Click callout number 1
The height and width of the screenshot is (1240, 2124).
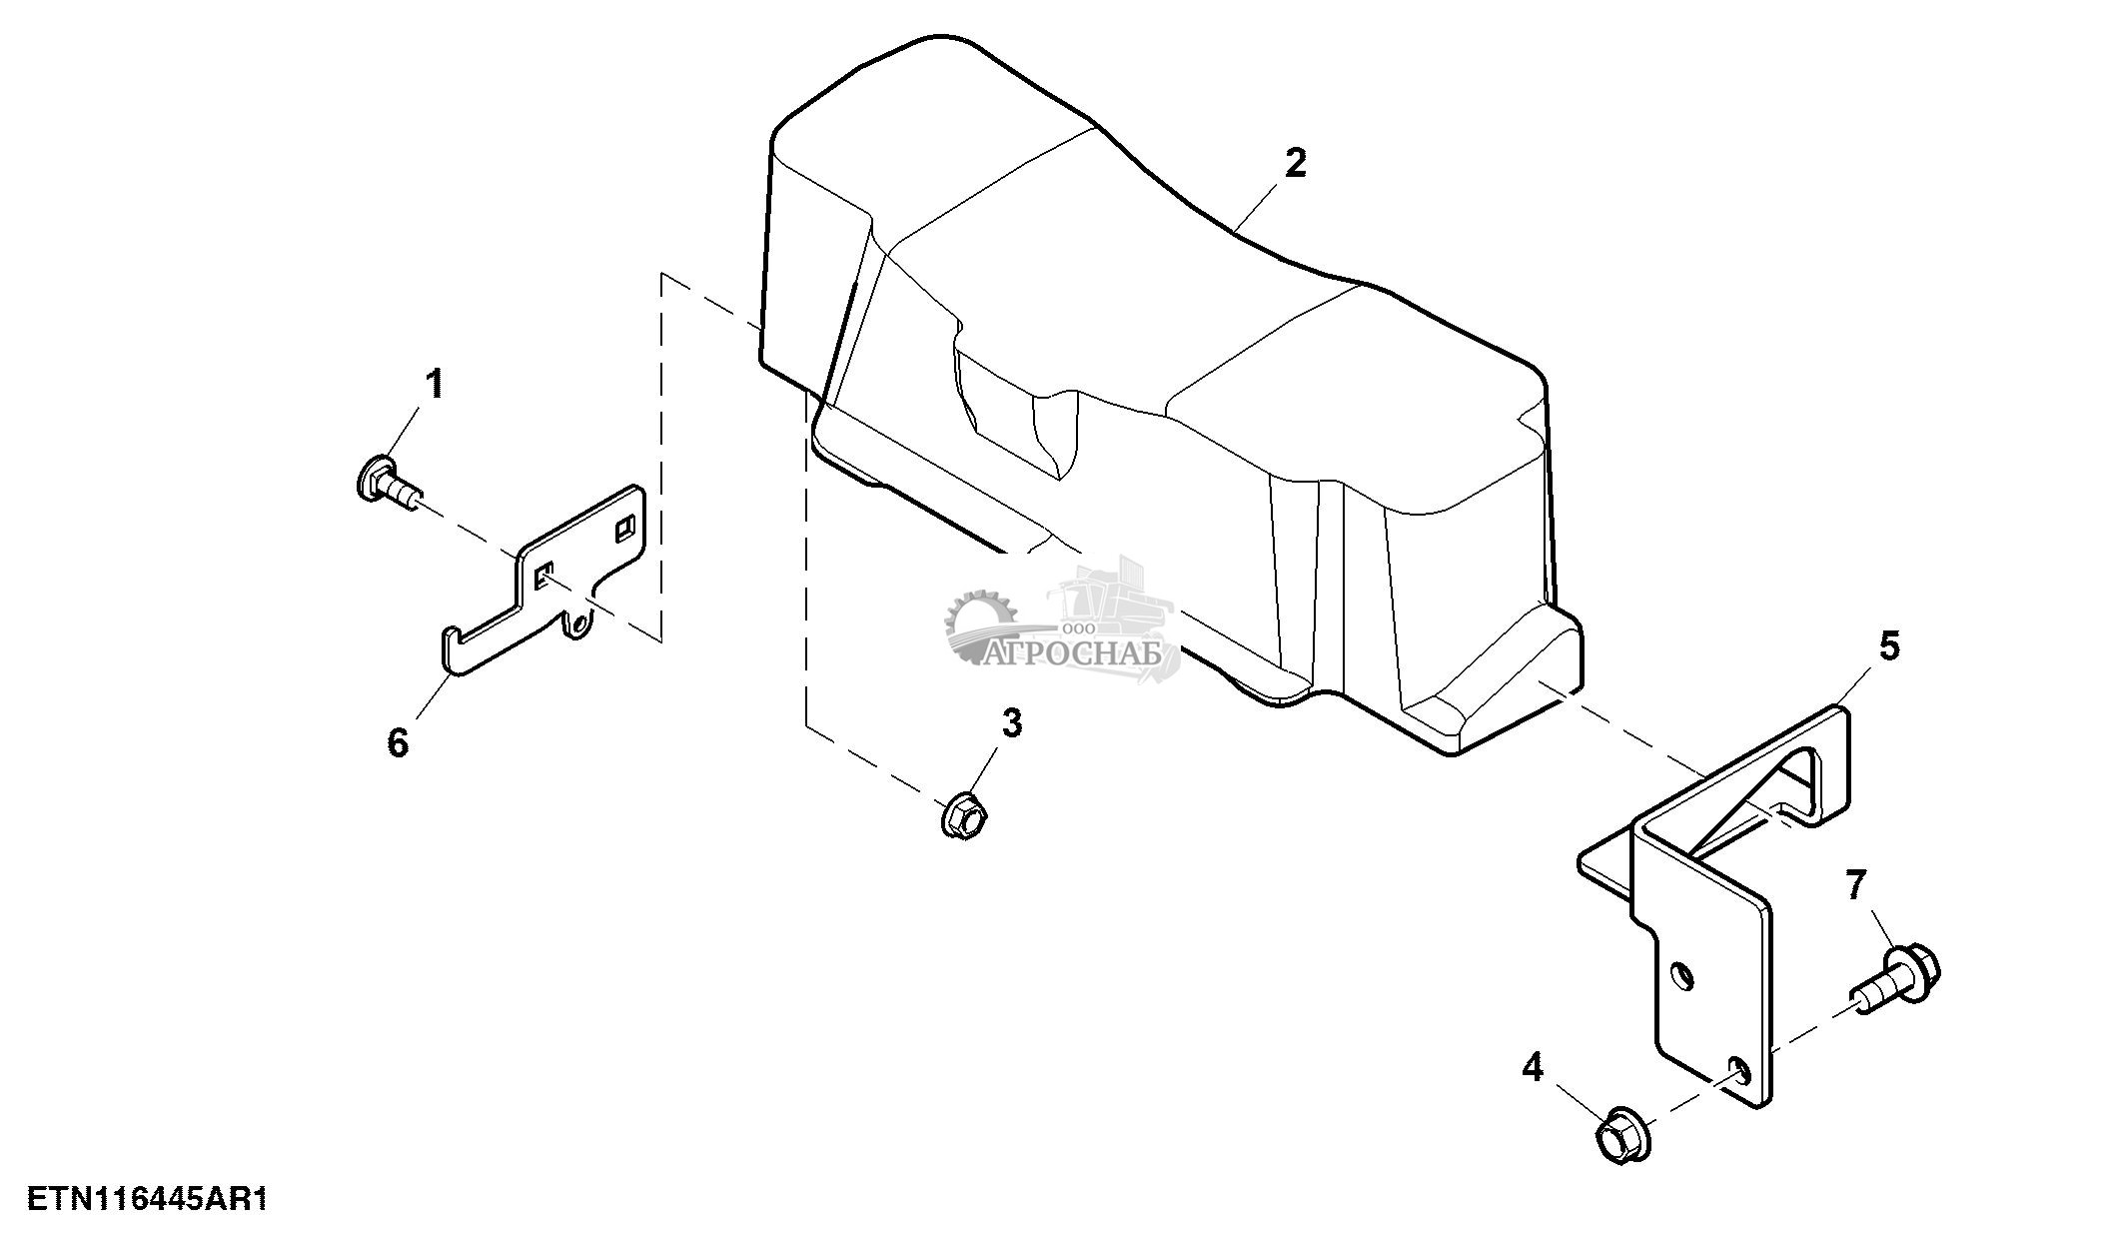435,384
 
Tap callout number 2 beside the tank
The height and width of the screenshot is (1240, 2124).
1295,163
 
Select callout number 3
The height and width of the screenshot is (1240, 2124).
1012,722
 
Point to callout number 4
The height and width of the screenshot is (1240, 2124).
1533,1068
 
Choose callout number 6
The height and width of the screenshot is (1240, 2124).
398,742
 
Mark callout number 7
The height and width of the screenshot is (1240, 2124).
1855,885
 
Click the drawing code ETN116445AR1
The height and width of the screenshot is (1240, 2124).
148,1199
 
